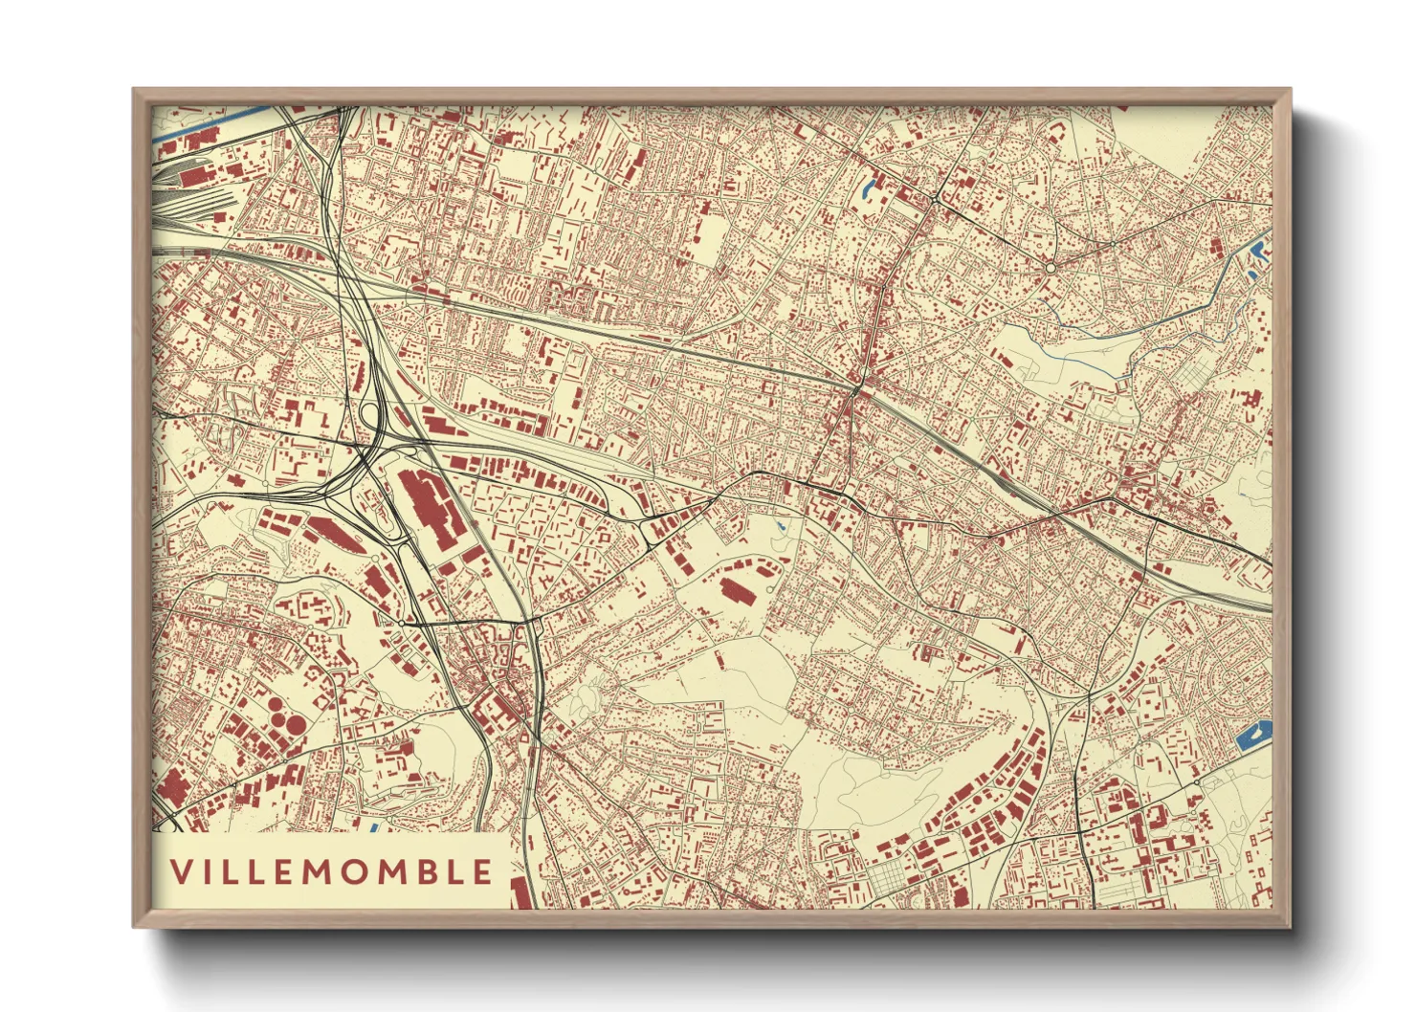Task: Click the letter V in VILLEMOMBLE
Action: coord(181,871)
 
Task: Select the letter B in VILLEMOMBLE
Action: coord(427,871)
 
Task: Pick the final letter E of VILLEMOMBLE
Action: coord(483,871)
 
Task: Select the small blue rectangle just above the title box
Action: coord(374,825)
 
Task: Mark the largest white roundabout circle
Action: coord(1051,269)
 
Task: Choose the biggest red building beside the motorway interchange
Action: coord(426,504)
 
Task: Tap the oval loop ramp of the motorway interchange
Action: coord(369,414)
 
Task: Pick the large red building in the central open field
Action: coord(737,590)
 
